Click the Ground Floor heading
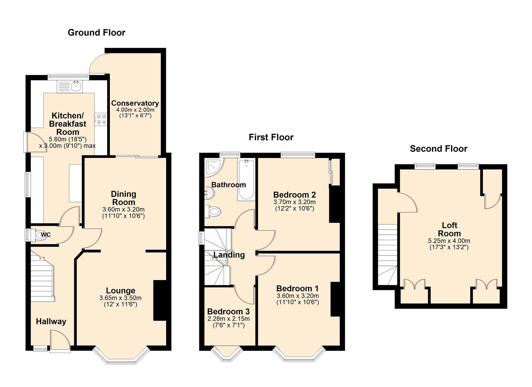[x=96, y=33]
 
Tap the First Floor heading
[x=271, y=137]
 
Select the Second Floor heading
[x=438, y=149]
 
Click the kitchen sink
[x=76, y=86]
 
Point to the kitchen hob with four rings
[x=101, y=119]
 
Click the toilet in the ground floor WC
[x=40, y=235]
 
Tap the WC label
[x=46, y=235]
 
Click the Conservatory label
[x=135, y=103]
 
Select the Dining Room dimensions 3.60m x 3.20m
[x=124, y=210]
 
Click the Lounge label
[x=120, y=291]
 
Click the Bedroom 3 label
[x=228, y=311]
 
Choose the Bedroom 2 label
[x=294, y=195]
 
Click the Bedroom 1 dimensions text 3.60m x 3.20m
[x=297, y=296]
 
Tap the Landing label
[x=229, y=255]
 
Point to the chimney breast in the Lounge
[x=159, y=300]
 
